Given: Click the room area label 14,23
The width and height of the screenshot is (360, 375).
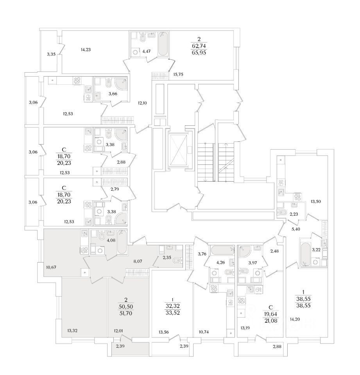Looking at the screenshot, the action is [86, 50].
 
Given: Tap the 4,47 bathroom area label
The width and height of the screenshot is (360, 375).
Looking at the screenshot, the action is [147, 50].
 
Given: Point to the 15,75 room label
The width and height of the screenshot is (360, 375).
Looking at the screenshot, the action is [178, 74].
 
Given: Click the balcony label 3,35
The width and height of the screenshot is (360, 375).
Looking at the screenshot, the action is [51, 54].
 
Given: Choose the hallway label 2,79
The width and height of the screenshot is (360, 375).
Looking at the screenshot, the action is [115, 189].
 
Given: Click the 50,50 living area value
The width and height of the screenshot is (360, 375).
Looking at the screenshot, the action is [126, 306].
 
